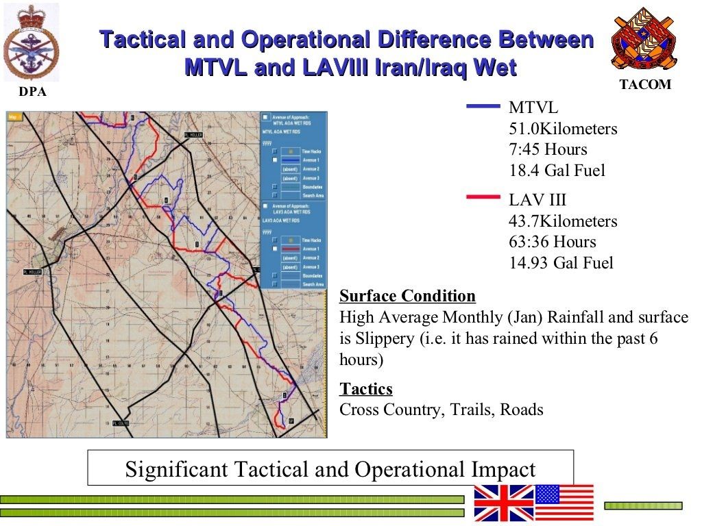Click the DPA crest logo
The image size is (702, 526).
pyautogui.click(x=32, y=42)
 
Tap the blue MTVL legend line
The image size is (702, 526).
pyautogui.click(x=483, y=107)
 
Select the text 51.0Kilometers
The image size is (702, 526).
pyautogui.click(x=563, y=129)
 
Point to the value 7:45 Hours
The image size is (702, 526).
pyautogui.click(x=548, y=149)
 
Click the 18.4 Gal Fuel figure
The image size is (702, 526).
pyautogui.click(x=557, y=171)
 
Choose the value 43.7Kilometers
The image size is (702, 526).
pyautogui.click(x=563, y=221)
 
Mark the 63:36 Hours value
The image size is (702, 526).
pyautogui.click(x=553, y=242)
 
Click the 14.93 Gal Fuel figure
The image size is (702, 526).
pyautogui.click(x=561, y=263)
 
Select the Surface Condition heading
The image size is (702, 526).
pyautogui.click(x=407, y=296)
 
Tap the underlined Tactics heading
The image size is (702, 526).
pyautogui.click(x=366, y=389)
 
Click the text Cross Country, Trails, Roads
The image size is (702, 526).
pyautogui.click(x=441, y=410)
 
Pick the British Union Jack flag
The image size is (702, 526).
pyautogui.click(x=503, y=503)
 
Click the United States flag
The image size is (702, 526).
pyautogui.click(x=564, y=503)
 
